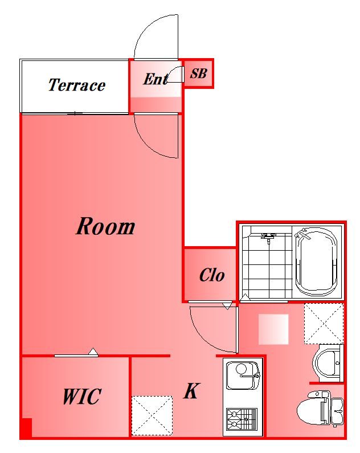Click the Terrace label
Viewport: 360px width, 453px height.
[x=76, y=85]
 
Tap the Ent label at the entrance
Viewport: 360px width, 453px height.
[x=156, y=79]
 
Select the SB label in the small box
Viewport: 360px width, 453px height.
[x=198, y=74]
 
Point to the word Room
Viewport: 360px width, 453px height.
[x=105, y=226]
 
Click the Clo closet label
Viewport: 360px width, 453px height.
[x=212, y=275]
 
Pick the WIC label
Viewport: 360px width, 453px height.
[x=81, y=397]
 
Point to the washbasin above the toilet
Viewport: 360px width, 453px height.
[x=328, y=363]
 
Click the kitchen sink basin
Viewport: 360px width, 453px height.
[x=243, y=375]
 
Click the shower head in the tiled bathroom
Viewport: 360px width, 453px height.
[x=268, y=237]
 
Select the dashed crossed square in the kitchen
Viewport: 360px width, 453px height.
[x=152, y=415]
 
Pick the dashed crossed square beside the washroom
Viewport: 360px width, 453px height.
[x=324, y=323]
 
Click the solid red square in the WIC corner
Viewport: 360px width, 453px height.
[x=27, y=428]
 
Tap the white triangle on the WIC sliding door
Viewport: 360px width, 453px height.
[x=93, y=352]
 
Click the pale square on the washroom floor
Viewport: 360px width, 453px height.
[x=273, y=329]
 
